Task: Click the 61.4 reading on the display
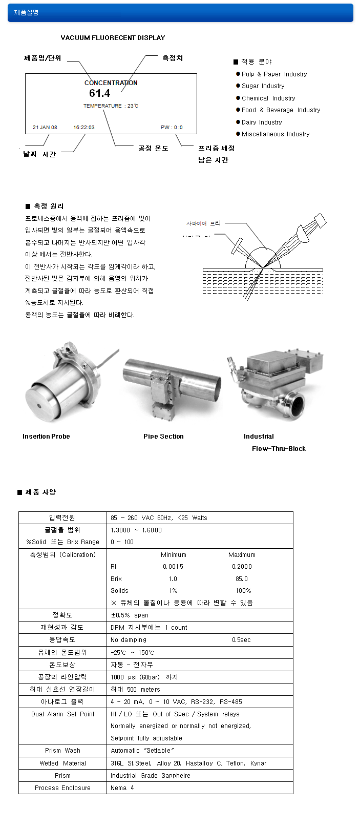(99, 93)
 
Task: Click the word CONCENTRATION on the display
(111, 82)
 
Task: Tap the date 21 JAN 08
(45, 127)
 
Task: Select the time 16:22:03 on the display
(84, 127)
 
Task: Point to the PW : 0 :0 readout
(172, 127)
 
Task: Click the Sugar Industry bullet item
(263, 86)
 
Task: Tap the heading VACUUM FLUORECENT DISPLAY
(113, 38)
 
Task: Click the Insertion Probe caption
(46, 437)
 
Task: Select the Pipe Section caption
(163, 437)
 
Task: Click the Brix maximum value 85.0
(242, 579)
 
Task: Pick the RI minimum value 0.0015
(173, 567)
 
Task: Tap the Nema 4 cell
(122, 788)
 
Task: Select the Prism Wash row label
(62, 751)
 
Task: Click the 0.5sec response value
(241, 640)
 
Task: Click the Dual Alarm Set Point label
(62, 714)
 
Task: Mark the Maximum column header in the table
(242, 555)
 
